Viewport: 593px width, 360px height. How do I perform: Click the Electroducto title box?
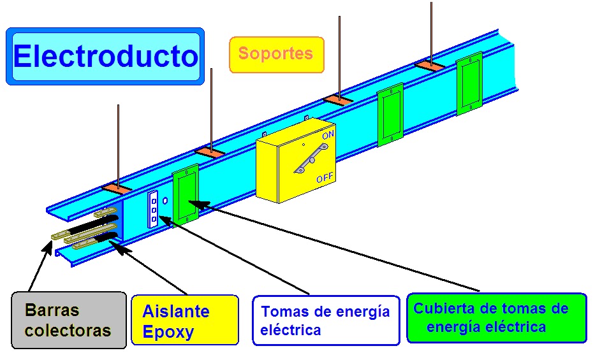[x=105, y=56]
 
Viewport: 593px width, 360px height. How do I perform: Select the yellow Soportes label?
[x=276, y=54]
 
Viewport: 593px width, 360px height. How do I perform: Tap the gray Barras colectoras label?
[x=68, y=320]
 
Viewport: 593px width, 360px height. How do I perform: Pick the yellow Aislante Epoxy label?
[x=184, y=320]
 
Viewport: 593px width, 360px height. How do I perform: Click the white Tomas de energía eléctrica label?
[x=326, y=320]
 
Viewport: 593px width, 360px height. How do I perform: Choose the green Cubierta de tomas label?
[x=496, y=318]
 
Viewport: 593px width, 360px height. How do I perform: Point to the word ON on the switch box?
[x=328, y=136]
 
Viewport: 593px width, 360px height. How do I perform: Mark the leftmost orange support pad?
[x=117, y=189]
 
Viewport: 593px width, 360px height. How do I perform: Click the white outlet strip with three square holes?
[x=153, y=209]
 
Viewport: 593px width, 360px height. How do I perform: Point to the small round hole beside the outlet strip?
[x=165, y=200]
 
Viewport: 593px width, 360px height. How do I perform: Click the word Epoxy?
[x=168, y=332]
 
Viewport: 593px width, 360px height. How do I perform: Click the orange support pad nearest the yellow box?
[x=338, y=100]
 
